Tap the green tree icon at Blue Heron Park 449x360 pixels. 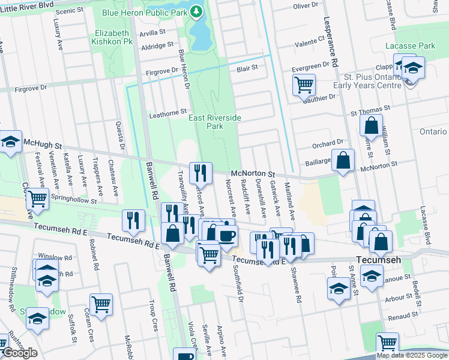(196, 11)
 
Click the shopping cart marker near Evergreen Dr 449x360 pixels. (304, 85)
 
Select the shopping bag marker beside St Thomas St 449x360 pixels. (372, 125)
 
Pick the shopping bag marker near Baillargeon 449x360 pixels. (343, 160)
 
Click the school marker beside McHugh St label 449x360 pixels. (10, 142)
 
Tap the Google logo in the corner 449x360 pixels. (19, 353)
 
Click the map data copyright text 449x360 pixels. (412, 355)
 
